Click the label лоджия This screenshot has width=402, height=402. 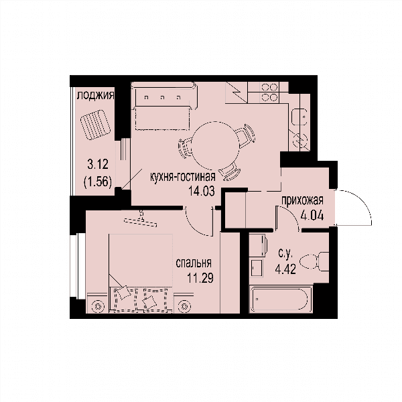point(95,96)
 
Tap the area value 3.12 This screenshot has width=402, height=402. point(98,164)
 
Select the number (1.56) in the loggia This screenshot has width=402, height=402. point(98,182)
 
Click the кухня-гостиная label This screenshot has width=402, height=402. point(182,177)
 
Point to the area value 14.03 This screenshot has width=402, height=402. point(201,191)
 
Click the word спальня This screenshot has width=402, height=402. point(194,263)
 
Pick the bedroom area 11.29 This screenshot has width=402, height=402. point(200,278)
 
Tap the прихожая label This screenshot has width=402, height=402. point(302,200)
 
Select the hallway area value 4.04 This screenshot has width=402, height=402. point(312,215)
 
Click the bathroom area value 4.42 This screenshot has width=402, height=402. point(285,269)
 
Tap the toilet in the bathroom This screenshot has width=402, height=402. point(314,261)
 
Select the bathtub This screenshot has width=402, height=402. point(281,299)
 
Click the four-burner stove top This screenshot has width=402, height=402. point(269,92)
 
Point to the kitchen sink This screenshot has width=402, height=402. point(299,117)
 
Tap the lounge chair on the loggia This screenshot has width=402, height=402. point(95,125)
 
